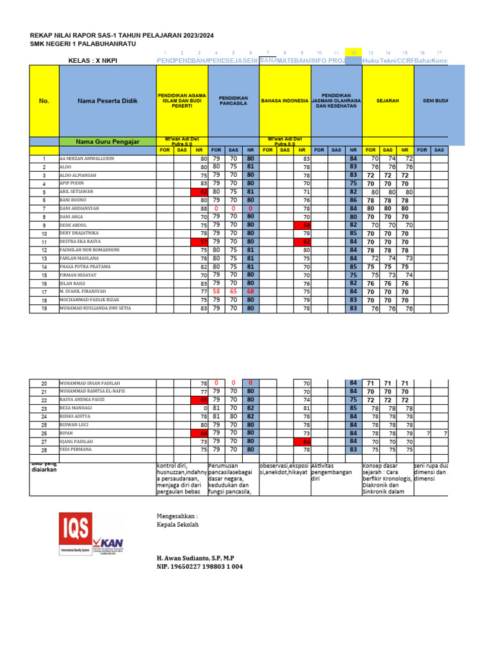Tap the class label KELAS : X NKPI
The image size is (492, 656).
92,61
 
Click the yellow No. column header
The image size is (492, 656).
44,101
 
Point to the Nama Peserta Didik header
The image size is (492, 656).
108,101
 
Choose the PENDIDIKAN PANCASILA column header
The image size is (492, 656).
233,101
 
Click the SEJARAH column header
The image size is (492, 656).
388,101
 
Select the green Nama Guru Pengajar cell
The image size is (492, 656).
108,142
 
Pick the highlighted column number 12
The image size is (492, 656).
353,53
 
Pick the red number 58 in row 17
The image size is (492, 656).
216,291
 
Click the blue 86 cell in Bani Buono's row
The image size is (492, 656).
353,200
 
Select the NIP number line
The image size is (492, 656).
200,567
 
